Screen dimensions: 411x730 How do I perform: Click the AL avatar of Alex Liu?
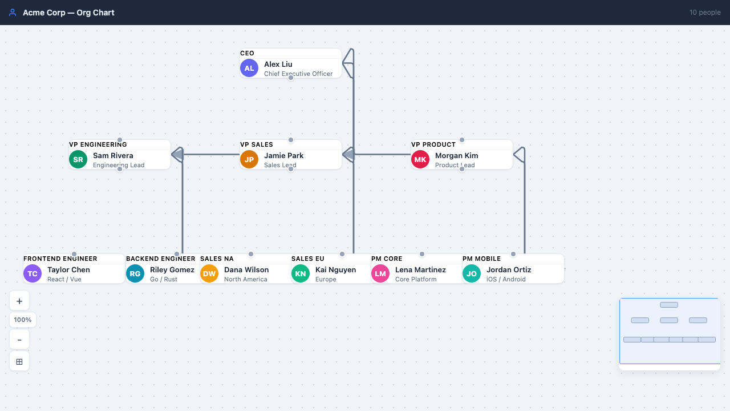point(249,68)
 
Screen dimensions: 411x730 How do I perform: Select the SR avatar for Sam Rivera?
point(78,159)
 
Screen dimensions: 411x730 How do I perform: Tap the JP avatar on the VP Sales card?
point(249,159)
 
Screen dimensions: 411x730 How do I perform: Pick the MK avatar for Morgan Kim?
point(420,159)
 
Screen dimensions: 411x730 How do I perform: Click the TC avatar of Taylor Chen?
point(33,273)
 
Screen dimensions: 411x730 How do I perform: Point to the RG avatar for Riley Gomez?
point(135,273)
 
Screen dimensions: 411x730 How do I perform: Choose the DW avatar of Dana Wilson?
point(209,273)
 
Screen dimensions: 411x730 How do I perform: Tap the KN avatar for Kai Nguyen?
point(301,273)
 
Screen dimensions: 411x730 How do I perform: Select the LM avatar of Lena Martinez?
point(380,273)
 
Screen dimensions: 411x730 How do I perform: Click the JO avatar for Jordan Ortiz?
point(472,273)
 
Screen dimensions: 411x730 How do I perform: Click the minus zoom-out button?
point(19,340)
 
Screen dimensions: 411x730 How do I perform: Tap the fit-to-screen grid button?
point(19,361)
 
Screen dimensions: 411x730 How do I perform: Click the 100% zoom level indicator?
point(23,320)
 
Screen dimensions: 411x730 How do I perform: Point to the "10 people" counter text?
point(705,13)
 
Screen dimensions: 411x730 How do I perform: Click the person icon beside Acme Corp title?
point(13,13)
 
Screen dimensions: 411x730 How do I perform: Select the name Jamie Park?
point(283,155)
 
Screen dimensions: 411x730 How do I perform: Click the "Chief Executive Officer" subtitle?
point(298,74)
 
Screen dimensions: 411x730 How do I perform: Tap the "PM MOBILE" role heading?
point(481,259)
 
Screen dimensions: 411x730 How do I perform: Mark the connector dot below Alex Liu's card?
point(290,78)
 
